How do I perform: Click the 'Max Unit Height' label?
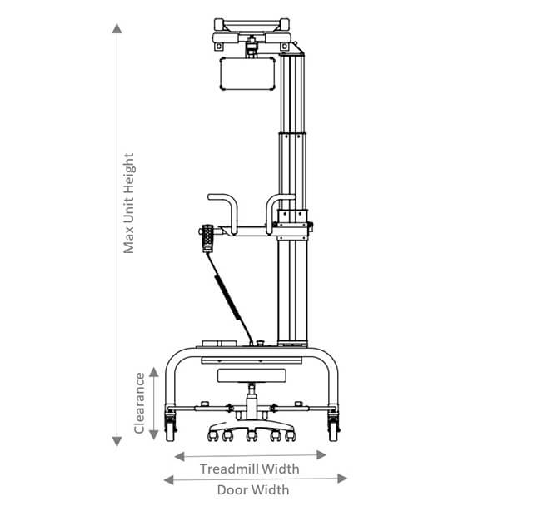(129, 203)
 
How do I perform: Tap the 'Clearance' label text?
(139, 403)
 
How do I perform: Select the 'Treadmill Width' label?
(250, 469)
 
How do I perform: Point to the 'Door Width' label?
(253, 490)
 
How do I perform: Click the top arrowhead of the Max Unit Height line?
(117, 28)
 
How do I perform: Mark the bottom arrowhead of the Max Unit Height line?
(117, 441)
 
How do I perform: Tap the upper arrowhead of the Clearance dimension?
(154, 372)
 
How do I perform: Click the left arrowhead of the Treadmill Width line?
(179, 456)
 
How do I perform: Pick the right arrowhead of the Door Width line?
(342, 479)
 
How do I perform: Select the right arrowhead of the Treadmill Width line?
(321, 455)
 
